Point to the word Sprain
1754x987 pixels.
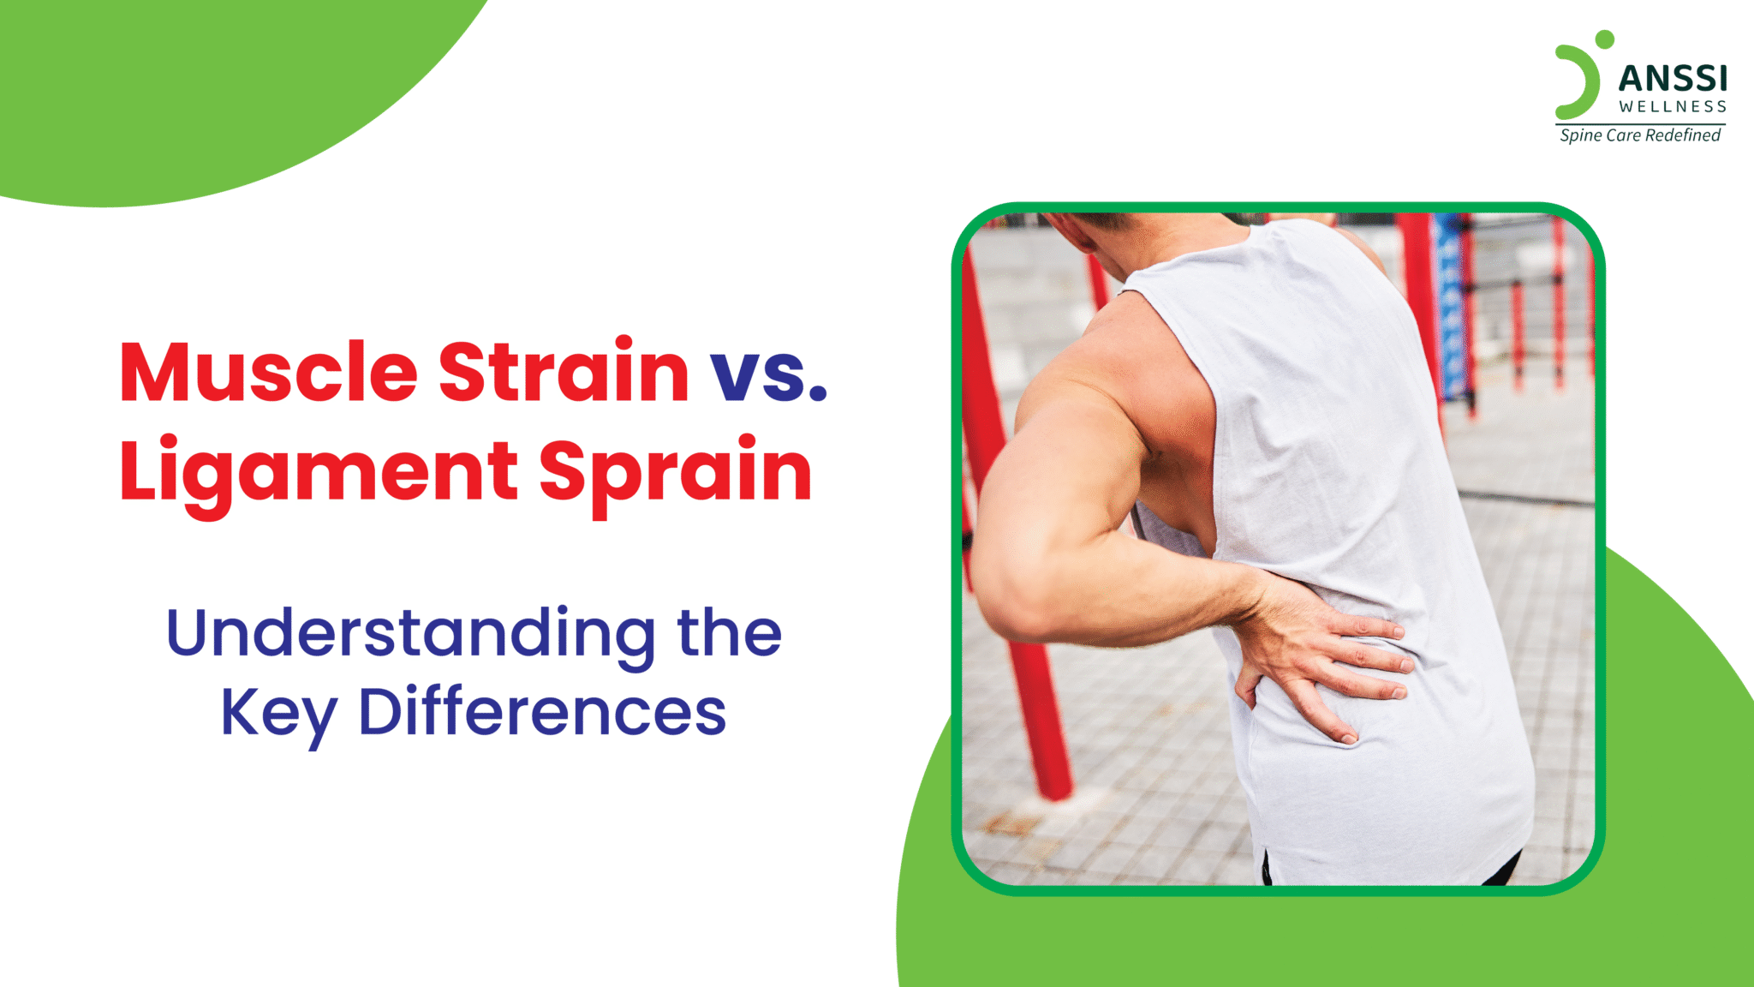coord(675,472)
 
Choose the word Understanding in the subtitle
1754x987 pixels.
coord(411,634)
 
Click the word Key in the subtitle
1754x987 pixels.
coord(278,713)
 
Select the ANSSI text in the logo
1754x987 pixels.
coord(1672,80)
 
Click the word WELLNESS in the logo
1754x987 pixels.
coord(1672,107)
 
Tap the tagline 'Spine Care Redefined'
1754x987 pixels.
coord(1639,135)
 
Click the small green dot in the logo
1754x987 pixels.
coord(1604,39)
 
